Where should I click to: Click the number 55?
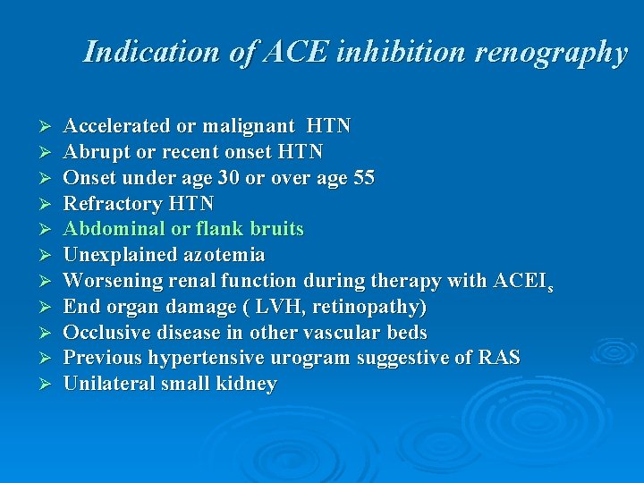(x=363, y=178)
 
